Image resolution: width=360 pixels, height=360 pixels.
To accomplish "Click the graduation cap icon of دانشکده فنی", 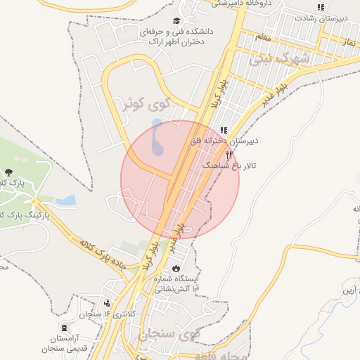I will point(176,20).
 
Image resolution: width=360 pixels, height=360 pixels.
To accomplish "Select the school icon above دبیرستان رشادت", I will point(321,8).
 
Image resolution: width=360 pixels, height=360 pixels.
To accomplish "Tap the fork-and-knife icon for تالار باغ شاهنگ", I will point(229,155).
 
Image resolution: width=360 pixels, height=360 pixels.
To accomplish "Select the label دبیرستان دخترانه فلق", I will point(224,141).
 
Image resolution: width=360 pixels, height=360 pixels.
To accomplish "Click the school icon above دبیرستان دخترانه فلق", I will point(224,130).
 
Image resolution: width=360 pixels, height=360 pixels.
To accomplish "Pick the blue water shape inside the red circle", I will point(157,138).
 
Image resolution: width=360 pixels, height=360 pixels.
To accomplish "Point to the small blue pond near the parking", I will point(65,201).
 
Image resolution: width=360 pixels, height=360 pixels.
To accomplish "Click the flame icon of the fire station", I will point(175,269).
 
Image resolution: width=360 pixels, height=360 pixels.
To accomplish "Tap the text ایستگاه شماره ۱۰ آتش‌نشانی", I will point(172,283).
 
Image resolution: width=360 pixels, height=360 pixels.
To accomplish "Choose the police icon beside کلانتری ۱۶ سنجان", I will point(107,304).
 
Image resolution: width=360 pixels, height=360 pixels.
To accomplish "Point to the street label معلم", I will point(263,36).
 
